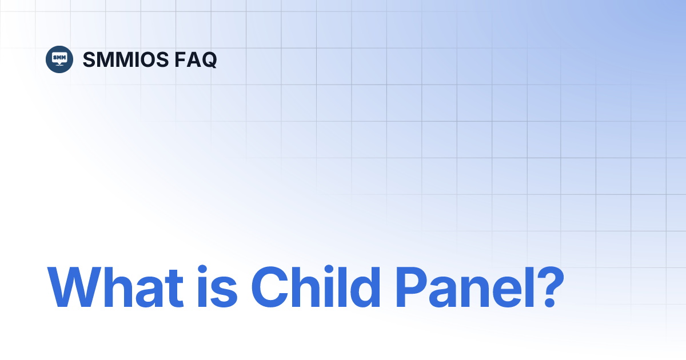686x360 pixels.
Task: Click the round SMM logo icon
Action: (59, 59)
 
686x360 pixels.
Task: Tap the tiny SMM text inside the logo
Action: (59, 57)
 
